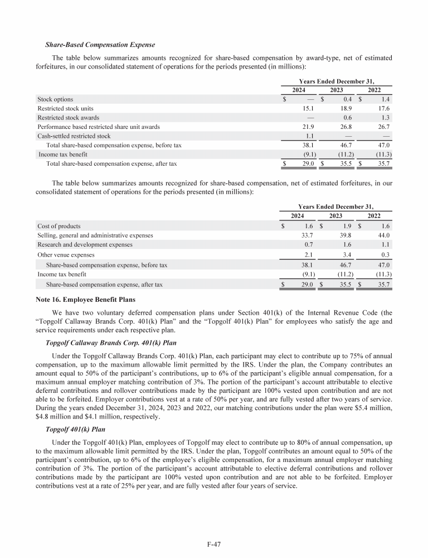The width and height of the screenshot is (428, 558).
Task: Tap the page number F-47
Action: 213,543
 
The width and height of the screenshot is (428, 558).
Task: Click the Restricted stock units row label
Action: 65,108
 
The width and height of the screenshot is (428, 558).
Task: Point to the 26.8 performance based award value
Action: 347,127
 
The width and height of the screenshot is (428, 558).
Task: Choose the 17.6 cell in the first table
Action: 383,108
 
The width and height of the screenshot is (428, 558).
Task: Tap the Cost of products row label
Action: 59,226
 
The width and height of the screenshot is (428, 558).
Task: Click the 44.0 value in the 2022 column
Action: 383,235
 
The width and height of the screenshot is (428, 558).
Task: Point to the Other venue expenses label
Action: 66,254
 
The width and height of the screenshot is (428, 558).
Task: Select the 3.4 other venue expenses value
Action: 348,254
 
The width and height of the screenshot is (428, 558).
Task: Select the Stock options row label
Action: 55,99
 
